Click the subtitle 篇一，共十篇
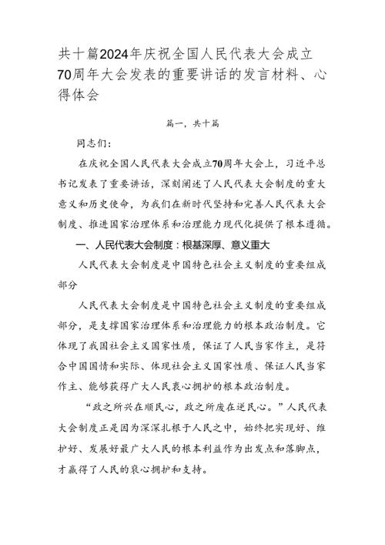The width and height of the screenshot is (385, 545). pyautogui.click(x=192, y=123)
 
